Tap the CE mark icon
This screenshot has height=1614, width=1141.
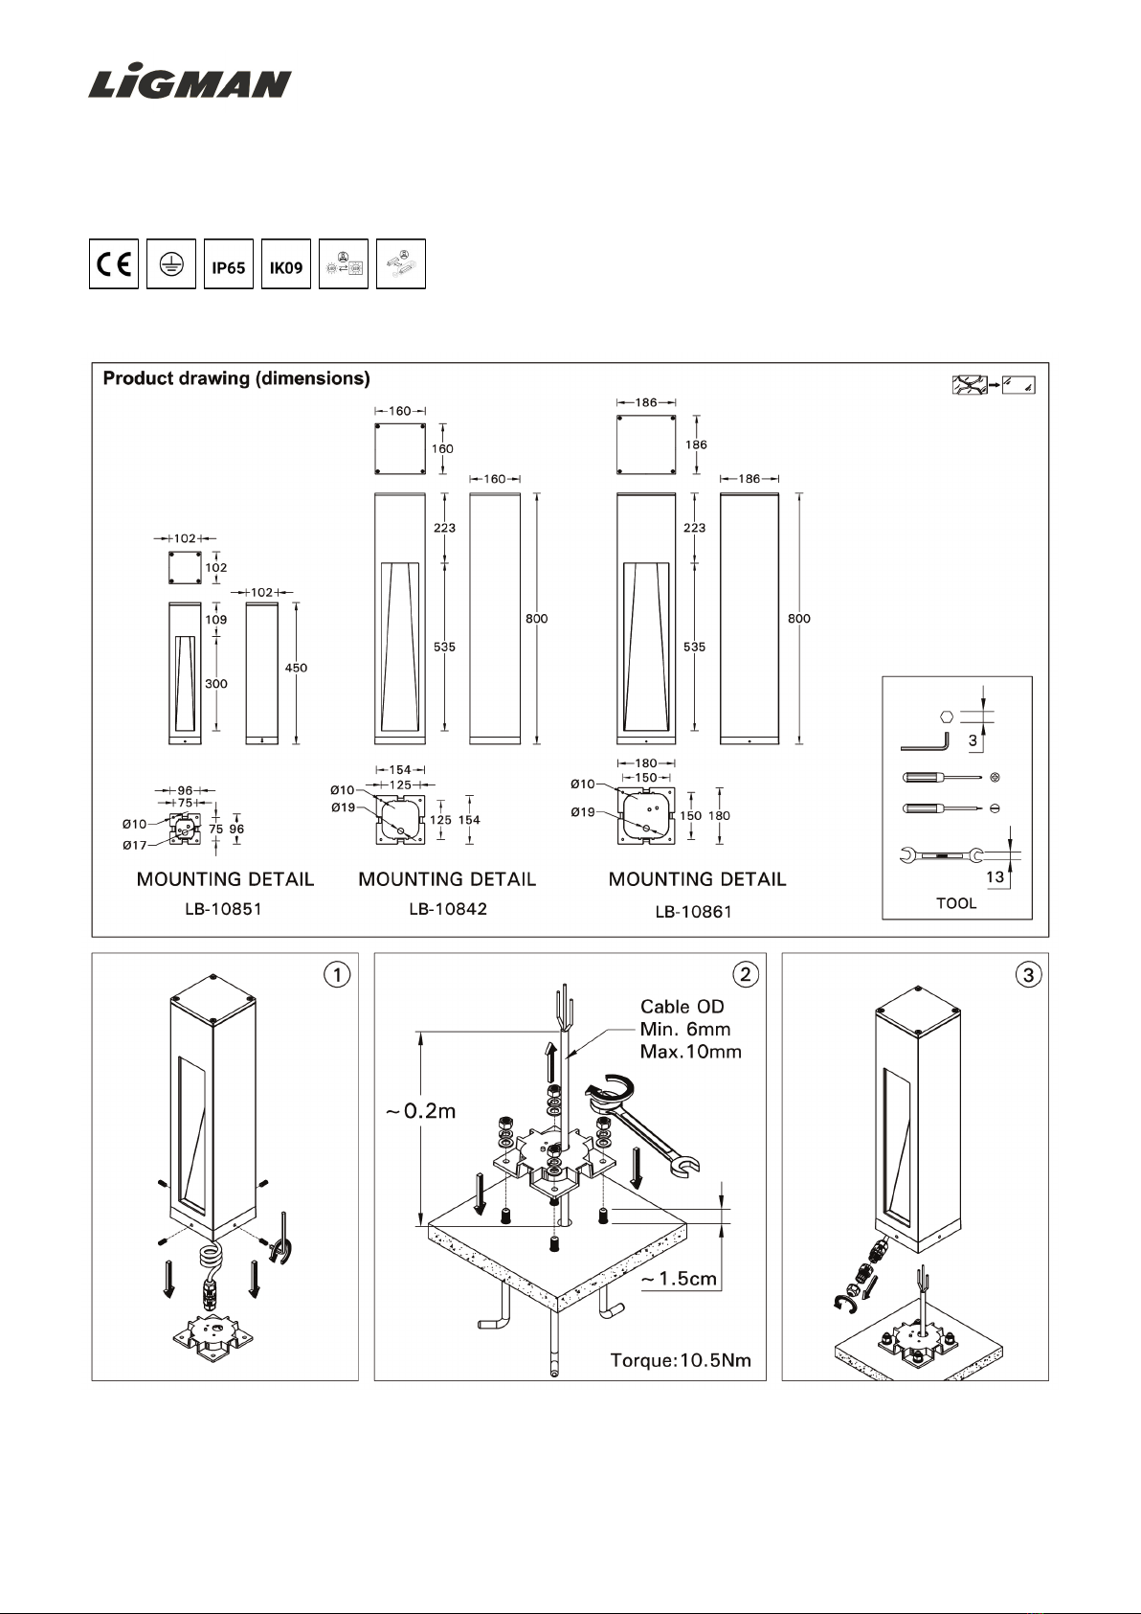tap(114, 263)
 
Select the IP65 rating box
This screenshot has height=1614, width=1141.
tap(228, 263)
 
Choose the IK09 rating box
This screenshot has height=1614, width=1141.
tap(286, 263)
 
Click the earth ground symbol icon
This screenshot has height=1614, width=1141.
tap(171, 263)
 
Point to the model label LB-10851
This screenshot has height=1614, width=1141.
tap(223, 909)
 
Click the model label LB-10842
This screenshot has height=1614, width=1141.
tap(448, 909)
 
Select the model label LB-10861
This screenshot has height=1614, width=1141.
tap(693, 912)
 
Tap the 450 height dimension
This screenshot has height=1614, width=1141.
tap(296, 668)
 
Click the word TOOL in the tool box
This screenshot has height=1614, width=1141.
tap(956, 903)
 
